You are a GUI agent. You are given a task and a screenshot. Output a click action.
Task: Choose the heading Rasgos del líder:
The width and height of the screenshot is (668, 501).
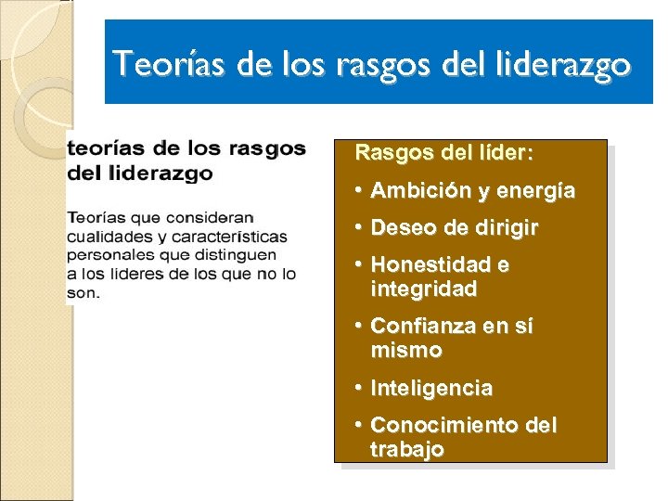point(444,151)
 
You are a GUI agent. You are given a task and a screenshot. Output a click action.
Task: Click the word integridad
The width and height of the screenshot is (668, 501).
point(423,289)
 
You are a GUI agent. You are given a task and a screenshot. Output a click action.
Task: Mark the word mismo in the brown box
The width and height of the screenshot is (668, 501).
point(405,351)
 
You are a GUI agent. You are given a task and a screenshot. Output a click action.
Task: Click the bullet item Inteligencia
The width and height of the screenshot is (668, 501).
point(430,388)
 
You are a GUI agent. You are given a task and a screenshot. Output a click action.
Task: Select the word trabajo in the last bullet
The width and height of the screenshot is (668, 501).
point(406,449)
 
